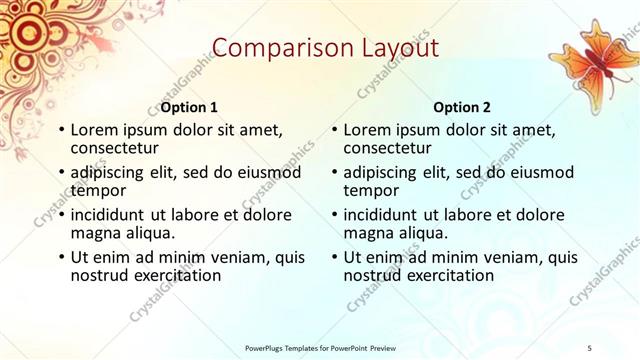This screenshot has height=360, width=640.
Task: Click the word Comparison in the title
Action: (x=271, y=47)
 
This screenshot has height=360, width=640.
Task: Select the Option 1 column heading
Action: (x=189, y=107)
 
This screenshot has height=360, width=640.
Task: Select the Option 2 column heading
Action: (x=461, y=107)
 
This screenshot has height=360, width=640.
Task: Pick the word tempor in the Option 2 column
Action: (x=372, y=190)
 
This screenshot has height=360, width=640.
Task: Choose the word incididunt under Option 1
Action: (x=114, y=215)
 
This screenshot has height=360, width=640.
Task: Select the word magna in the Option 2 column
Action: (x=368, y=233)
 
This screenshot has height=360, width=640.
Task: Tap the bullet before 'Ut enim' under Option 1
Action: (x=60, y=258)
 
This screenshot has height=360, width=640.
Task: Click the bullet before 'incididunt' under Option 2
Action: (x=333, y=215)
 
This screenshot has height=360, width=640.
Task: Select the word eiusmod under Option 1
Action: (x=268, y=172)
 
